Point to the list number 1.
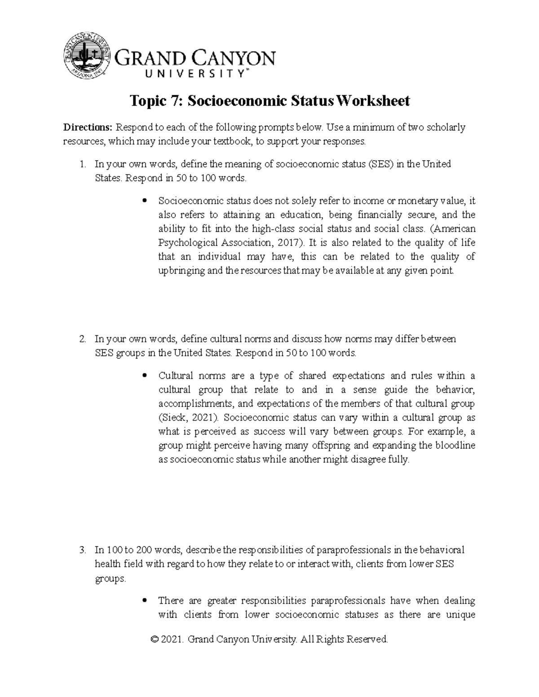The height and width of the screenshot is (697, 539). coord(82,164)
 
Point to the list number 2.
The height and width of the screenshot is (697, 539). coord(82,339)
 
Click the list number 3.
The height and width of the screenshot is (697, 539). coord(82,550)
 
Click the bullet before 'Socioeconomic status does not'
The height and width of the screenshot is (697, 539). coord(145,201)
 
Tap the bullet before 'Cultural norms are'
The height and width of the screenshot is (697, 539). coord(145,376)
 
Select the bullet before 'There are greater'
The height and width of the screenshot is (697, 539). coord(145,601)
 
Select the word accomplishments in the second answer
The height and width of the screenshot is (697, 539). coord(194,404)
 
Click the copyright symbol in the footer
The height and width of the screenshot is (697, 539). coord(156,639)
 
